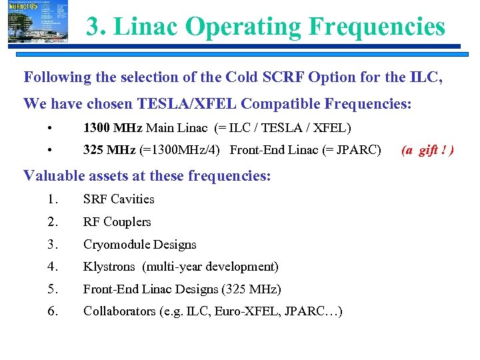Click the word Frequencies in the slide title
click(376, 27)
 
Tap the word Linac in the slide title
click(147, 27)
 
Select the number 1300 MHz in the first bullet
click(112, 127)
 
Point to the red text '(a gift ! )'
click(427, 150)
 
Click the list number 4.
click(53, 267)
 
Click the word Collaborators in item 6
click(119, 311)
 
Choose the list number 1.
click(53, 199)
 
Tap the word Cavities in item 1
click(133, 199)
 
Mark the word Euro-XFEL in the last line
click(253, 311)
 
